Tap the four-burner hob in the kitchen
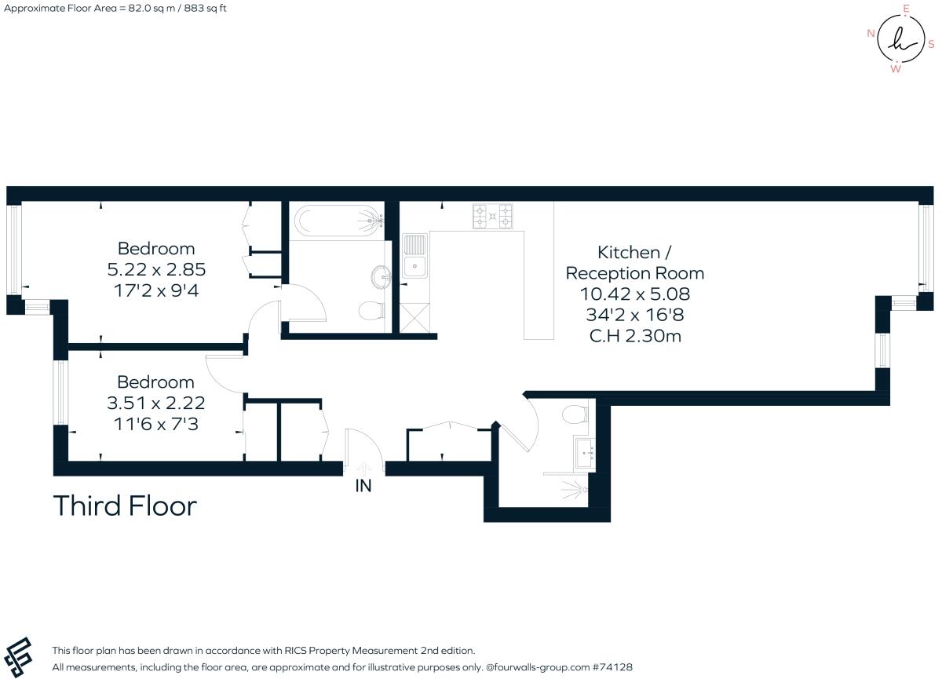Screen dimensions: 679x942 coord(492,216)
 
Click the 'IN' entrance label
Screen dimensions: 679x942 coord(363,486)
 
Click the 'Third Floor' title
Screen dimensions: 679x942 coord(124,506)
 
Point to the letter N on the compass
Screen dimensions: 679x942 coord(871,33)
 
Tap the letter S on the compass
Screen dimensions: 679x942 coord(931,44)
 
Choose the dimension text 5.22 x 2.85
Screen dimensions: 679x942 coord(155,269)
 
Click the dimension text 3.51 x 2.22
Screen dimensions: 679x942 coord(155,403)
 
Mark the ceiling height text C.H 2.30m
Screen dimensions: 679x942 coord(634,337)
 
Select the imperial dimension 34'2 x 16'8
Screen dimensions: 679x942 coord(634,316)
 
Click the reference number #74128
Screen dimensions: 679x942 coord(615,667)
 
